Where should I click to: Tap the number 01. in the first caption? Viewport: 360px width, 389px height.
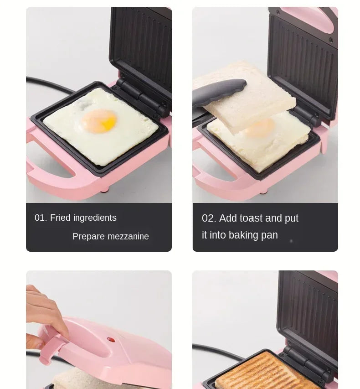[41, 218]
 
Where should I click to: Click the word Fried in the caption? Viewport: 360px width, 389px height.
[60, 218]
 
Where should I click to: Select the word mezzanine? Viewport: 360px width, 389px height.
[127, 236]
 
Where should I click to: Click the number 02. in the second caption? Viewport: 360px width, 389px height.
[209, 218]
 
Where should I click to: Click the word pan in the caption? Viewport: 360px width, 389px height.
[270, 235]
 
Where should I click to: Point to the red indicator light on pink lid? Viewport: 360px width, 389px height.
[110, 339]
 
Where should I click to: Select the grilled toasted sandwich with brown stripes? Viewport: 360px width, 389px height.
[255, 372]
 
